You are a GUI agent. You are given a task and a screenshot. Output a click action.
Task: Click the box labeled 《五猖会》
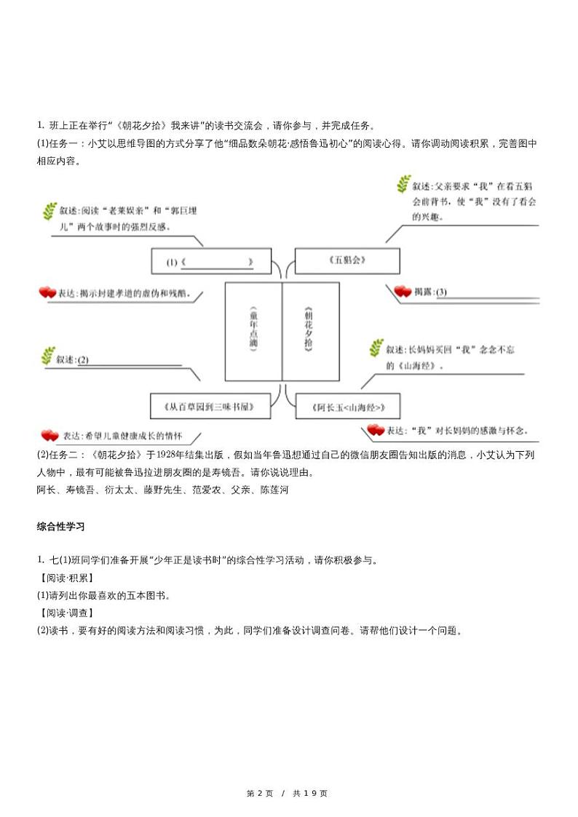point(347,260)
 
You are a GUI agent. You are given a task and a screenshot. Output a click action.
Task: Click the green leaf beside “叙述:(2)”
point(48,356)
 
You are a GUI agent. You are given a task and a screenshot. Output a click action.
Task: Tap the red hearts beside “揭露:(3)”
point(403,292)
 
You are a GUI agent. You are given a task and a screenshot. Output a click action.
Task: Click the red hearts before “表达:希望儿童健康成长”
point(49,436)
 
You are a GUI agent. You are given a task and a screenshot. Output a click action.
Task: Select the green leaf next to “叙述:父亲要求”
point(403,185)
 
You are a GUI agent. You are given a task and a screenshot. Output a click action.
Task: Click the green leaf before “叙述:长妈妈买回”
point(376,348)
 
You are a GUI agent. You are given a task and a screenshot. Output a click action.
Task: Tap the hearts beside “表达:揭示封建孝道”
point(47,292)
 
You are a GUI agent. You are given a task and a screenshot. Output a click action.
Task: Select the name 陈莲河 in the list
point(274,490)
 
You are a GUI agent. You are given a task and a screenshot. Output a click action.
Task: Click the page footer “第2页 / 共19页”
point(288,793)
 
